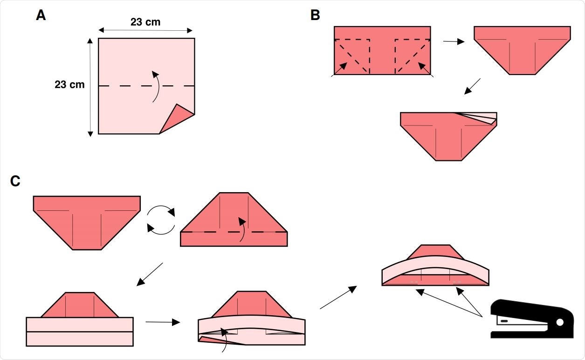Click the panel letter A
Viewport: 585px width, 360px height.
pyautogui.click(x=41, y=15)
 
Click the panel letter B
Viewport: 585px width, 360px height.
pyautogui.click(x=315, y=15)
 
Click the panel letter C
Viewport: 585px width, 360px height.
pyautogui.click(x=15, y=181)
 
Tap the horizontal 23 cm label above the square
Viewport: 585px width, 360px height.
pyautogui.click(x=145, y=22)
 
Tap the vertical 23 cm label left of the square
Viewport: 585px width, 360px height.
pyautogui.click(x=69, y=84)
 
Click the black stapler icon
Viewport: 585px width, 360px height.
pyautogui.click(x=531, y=318)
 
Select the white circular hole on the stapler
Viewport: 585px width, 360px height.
pyautogui.click(x=560, y=322)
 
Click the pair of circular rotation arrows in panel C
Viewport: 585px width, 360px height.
pyautogui.click(x=161, y=220)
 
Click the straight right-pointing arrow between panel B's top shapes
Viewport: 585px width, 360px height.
pyautogui.click(x=454, y=42)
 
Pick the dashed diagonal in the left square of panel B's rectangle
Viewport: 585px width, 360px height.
pyautogui.click(x=352, y=56)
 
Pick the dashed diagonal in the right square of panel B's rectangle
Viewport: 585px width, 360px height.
pyautogui.click(x=412, y=56)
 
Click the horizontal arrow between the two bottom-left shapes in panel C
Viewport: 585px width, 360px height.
pyautogui.click(x=162, y=322)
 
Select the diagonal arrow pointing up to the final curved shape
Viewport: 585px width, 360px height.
pyautogui.click(x=338, y=298)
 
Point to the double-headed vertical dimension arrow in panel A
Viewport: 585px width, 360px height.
pyautogui.click(x=90, y=87)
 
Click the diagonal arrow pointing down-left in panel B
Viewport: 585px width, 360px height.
pyautogui.click(x=472, y=86)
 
